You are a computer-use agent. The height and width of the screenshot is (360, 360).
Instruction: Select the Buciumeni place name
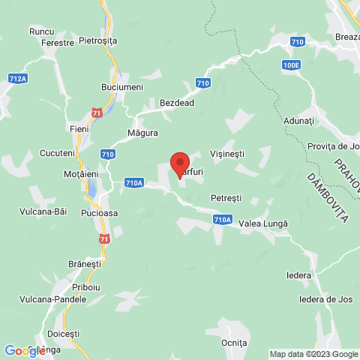click(122, 88)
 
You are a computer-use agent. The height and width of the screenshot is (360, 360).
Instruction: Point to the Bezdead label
click(178, 102)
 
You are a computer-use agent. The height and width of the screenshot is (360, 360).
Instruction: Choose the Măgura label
click(142, 133)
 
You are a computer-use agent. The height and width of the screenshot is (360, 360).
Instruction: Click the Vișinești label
click(227, 151)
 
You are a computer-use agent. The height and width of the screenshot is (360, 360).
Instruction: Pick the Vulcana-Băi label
click(43, 211)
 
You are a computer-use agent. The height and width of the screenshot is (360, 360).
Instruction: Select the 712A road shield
click(18, 78)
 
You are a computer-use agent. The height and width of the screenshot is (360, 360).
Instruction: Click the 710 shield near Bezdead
click(203, 82)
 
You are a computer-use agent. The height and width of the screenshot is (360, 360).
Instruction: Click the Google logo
click(25, 350)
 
